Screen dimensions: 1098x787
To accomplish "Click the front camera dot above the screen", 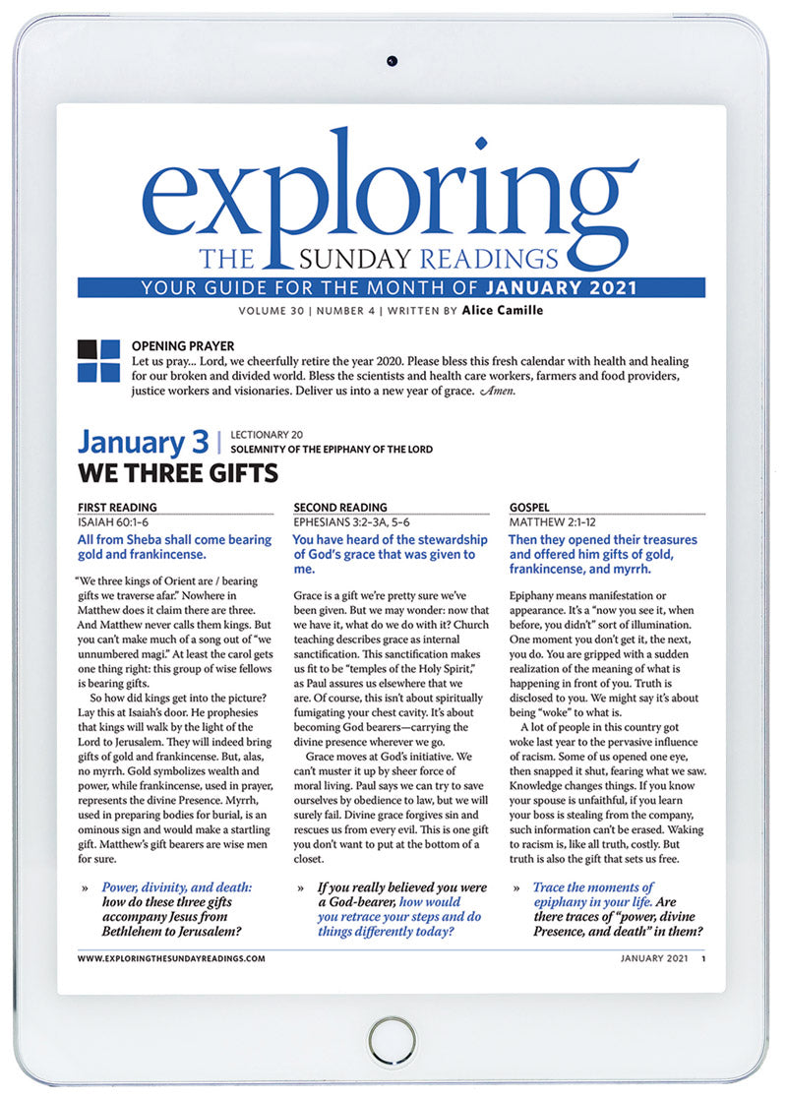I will pos(393,61).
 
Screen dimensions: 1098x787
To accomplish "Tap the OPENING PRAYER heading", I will pos(183,346).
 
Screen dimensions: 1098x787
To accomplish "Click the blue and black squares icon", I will pos(98,360).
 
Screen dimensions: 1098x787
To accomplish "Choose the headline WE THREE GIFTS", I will pos(177,474).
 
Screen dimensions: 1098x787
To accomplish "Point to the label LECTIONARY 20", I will pos(264,434).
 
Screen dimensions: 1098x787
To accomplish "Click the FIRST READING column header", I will pos(118,508).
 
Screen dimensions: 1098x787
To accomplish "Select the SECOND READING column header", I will pos(340,508).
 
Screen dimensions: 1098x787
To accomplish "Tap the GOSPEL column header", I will pos(531,508).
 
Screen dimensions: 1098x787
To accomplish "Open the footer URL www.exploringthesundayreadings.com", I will pos(171,957).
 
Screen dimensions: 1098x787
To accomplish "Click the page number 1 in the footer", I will pos(703,957).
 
